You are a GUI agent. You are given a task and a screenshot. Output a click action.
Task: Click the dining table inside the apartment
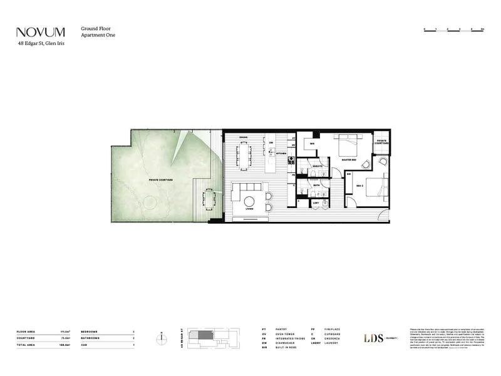tap(242, 154)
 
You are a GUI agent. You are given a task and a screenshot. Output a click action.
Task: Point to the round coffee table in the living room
tap(249, 201)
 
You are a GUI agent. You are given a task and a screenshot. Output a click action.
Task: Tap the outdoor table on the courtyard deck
tap(208, 201)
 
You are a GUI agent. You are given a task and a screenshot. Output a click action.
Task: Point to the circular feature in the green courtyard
tap(150, 204)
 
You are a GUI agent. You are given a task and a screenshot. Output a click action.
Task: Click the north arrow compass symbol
tap(162, 338)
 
